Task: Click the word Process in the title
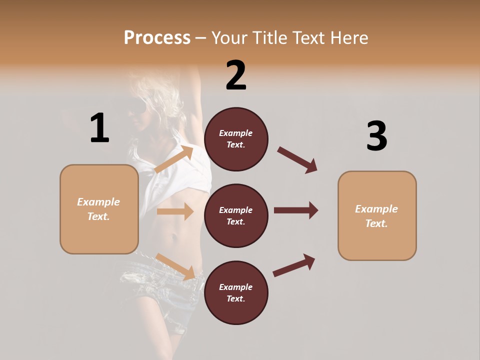[157, 38]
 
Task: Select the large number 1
[99, 128]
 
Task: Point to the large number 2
[236, 75]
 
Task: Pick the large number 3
[376, 136]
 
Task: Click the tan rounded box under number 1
[99, 209]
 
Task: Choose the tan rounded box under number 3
[377, 216]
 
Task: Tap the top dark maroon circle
[236, 139]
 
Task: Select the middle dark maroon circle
[236, 216]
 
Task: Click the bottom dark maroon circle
[236, 293]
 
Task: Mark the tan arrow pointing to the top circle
[174, 159]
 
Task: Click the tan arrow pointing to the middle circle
[175, 211]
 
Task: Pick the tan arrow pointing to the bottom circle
[175, 266]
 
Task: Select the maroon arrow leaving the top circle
[297, 160]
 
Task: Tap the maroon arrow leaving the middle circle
[296, 210]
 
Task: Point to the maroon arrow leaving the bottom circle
[294, 265]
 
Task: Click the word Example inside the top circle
[236, 133]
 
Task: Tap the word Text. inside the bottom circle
[236, 298]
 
